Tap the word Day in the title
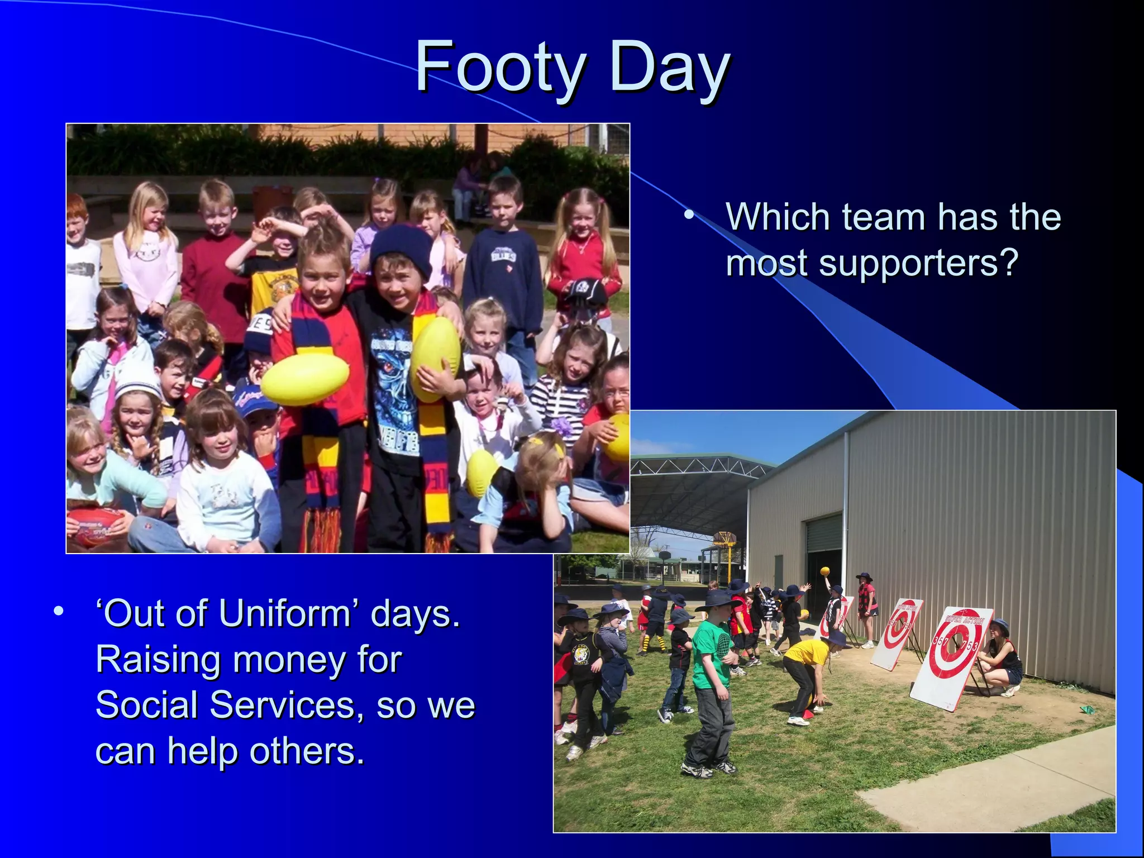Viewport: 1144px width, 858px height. (x=669, y=70)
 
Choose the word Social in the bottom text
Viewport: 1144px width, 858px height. (x=146, y=705)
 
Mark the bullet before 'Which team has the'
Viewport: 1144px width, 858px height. (x=690, y=215)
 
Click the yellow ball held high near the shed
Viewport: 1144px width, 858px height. (x=825, y=571)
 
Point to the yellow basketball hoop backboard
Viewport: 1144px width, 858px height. (x=724, y=540)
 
